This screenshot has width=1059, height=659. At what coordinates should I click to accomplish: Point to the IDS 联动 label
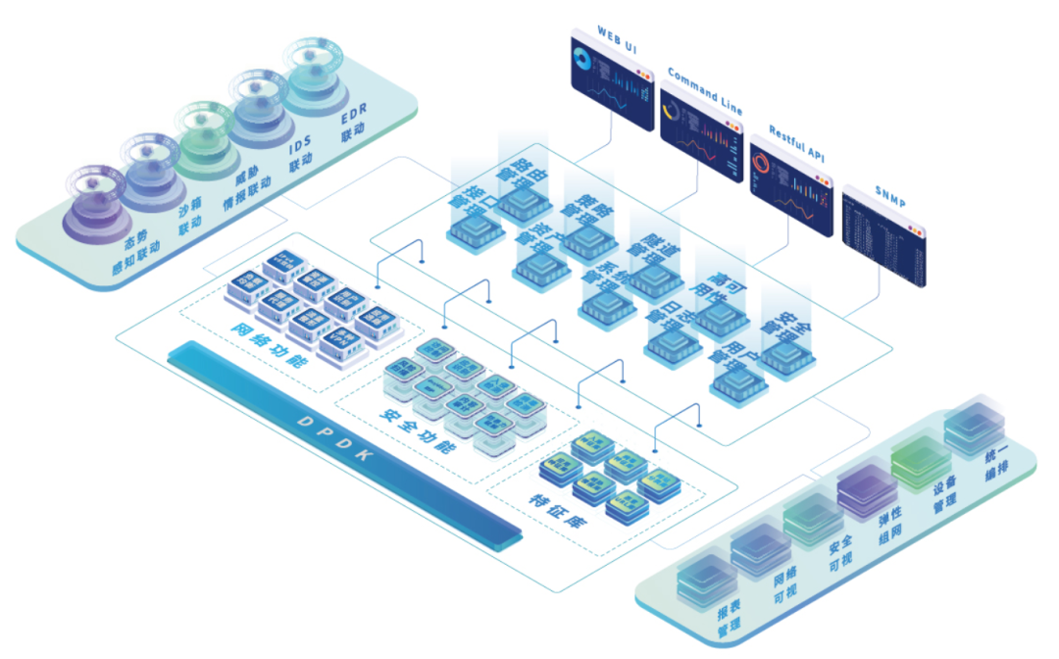click(x=300, y=155)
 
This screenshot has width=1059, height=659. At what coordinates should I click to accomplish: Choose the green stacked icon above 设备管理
click(x=918, y=461)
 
